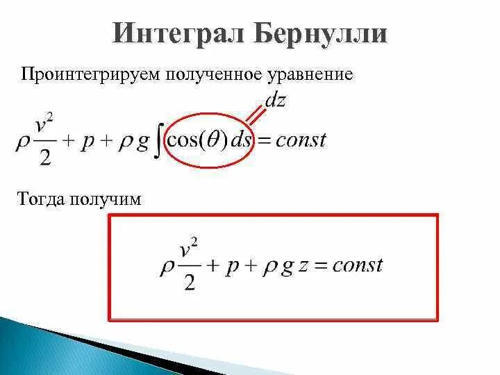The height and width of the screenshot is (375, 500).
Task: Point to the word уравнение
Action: pyautogui.click(x=319, y=74)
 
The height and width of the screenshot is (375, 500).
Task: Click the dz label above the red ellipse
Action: pyautogui.click(x=275, y=100)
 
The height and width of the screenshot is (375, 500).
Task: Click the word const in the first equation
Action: pyautogui.click(x=300, y=140)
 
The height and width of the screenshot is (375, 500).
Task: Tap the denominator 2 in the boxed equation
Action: pyautogui.click(x=188, y=283)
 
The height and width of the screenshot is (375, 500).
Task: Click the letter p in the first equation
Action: pyautogui.click(x=90, y=143)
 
